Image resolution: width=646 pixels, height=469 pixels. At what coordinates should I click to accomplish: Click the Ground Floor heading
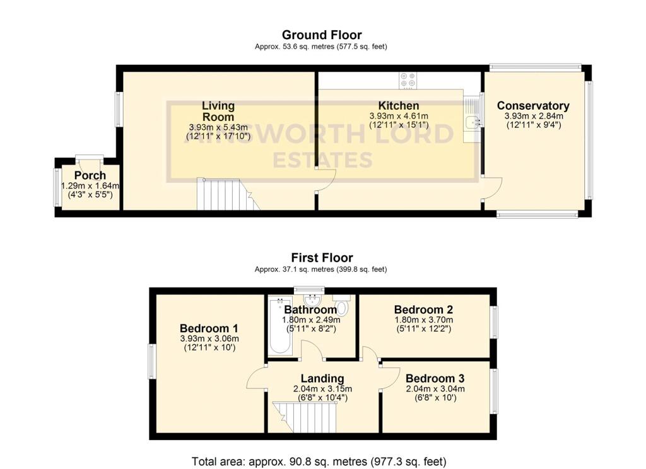tap(322, 35)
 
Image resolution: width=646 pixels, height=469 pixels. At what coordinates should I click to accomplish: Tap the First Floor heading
tap(322, 257)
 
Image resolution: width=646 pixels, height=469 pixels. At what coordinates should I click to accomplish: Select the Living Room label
tap(218, 111)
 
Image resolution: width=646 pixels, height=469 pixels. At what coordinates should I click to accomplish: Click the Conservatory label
tap(533, 106)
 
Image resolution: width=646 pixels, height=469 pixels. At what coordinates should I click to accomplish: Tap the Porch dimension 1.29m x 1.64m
tap(90, 186)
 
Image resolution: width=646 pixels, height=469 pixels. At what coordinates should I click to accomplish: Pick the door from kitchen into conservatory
tap(492, 188)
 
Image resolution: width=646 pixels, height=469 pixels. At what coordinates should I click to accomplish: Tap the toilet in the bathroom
tap(342, 308)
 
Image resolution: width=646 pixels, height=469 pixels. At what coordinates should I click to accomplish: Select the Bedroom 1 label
tap(209, 328)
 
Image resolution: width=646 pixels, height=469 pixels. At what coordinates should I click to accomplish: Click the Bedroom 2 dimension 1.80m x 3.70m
tap(424, 320)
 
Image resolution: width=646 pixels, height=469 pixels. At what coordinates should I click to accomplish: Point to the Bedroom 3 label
tap(435, 378)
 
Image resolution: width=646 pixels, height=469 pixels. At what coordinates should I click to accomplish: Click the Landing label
tap(322, 378)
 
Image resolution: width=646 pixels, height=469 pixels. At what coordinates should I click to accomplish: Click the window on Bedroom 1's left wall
tap(151, 361)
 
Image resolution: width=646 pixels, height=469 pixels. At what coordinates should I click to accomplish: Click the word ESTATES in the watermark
tap(322, 160)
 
